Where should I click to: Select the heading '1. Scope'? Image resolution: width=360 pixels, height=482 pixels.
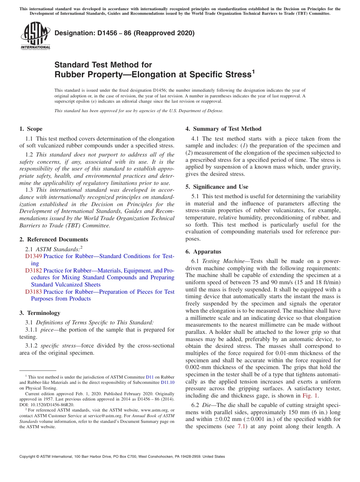coord(31,129)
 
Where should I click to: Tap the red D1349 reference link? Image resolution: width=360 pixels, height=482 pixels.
coord(34,256)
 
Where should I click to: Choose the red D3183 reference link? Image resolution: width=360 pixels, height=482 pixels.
coord(34,292)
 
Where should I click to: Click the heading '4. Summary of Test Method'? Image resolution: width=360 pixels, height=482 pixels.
coord(223,129)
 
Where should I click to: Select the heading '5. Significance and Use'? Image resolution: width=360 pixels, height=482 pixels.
coord(217,187)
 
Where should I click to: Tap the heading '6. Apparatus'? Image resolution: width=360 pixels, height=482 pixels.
coord(203,252)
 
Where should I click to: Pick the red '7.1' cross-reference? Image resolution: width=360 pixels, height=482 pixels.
coord(241,426)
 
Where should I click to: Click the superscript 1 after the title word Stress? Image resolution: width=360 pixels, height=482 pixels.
coord(253,71)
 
